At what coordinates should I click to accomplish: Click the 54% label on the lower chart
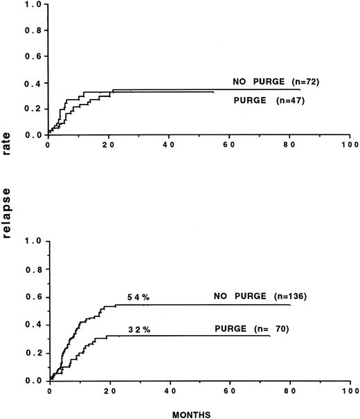pyautogui.click(x=139, y=297)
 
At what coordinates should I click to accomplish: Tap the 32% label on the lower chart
pyautogui.click(x=139, y=330)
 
